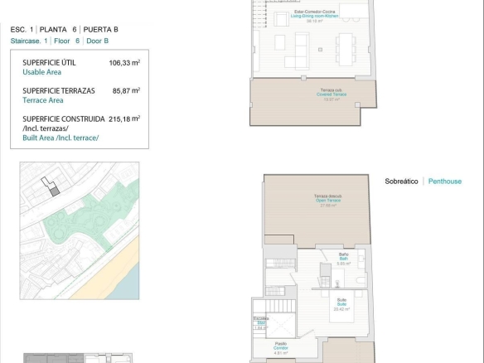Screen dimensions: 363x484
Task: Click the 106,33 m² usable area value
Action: [124, 63]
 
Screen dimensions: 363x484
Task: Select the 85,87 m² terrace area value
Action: [124, 91]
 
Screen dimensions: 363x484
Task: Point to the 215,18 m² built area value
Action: [124, 119]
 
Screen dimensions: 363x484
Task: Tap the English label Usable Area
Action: [41, 72]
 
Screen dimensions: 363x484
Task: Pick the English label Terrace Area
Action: [43, 100]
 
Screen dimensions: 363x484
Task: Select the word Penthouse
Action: [445, 181]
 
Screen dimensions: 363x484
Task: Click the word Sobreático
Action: [402, 181]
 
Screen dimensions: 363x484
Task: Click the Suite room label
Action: [341, 303]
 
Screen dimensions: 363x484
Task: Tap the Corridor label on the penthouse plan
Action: [281, 347]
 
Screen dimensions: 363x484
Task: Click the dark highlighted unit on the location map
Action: [55, 191]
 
